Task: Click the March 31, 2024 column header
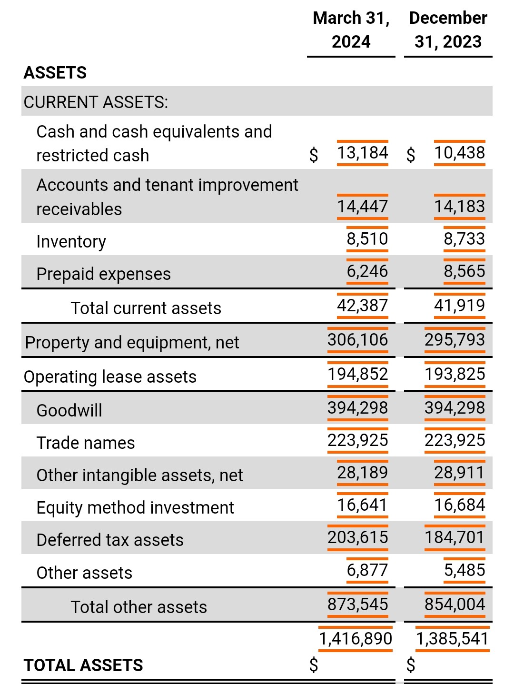coord(351,30)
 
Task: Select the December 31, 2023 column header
coord(448,30)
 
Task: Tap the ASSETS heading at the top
coord(55,73)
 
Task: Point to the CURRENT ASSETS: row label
coord(96,102)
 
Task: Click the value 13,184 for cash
coord(362,153)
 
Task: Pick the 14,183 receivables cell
coord(459,206)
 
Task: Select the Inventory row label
coord(71,241)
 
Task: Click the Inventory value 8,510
coord(367,238)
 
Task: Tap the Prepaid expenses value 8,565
coord(464,271)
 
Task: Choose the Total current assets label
coord(146,308)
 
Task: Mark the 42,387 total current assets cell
coord(362,305)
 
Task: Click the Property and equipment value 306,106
coord(357,339)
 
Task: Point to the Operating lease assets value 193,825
coord(455,374)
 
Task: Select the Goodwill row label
coord(69,410)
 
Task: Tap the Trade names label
coord(86,443)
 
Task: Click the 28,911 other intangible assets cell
coord(459,473)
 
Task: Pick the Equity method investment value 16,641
coord(362,505)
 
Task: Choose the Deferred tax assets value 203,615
coord(357,537)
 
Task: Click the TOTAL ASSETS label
coord(83,665)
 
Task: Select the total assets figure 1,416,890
coord(356,638)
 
